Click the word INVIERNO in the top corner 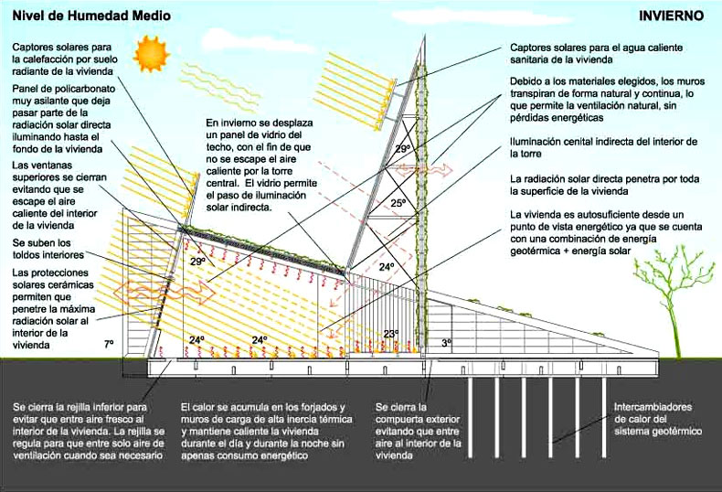[x=672, y=16]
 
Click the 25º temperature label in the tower [x=398, y=203]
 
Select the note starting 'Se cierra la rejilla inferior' [x=88, y=430]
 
